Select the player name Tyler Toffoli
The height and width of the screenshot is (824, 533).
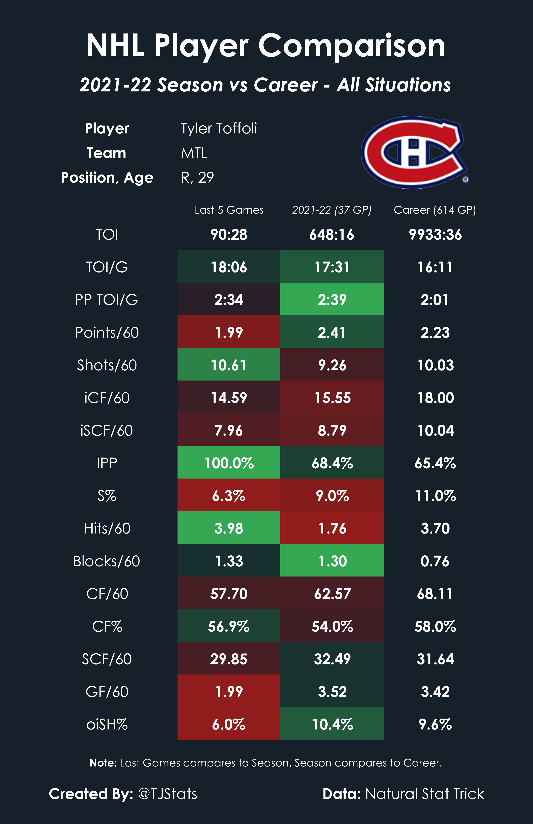219,128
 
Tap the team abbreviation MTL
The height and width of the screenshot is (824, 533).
194,153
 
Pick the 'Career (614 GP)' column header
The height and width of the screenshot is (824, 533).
435,210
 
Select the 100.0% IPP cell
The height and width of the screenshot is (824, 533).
229,463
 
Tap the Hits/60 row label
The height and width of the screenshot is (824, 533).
107,528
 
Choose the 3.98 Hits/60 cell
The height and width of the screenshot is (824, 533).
229,528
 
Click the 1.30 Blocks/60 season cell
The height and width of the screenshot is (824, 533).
332,561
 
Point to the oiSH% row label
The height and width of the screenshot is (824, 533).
107,724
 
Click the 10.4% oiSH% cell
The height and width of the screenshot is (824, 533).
332,724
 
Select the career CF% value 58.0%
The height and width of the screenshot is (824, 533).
435,626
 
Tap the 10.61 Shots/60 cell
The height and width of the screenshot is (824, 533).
229,365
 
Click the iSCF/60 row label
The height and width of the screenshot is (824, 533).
107,430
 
